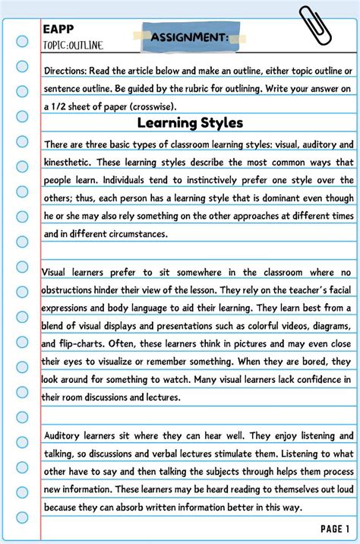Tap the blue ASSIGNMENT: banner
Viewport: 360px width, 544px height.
pos(189,37)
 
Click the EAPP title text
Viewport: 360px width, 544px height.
pos(55,29)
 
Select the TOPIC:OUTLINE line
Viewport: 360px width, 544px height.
pos(73,45)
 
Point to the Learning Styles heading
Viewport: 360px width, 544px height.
pos(190,122)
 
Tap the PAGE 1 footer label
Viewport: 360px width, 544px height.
pos(335,529)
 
